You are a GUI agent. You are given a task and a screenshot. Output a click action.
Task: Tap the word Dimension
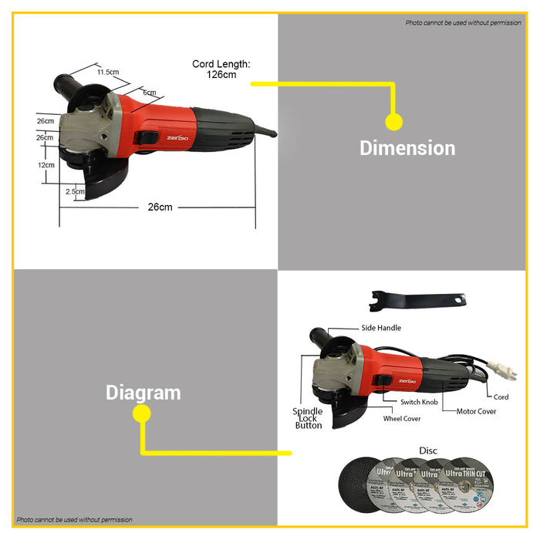[407, 147]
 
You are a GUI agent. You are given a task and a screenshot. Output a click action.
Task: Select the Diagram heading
[143, 392]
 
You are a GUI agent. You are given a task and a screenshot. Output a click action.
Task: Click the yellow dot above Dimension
[393, 122]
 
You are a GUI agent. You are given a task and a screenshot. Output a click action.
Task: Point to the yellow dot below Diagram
[141, 413]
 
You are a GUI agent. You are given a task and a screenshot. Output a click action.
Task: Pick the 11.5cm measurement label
[108, 72]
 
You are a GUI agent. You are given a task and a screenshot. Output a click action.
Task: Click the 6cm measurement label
[149, 93]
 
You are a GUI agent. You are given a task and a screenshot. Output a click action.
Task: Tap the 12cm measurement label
[46, 165]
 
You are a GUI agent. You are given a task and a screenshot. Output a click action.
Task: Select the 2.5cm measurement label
[75, 191]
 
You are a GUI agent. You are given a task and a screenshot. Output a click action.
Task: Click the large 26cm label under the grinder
[160, 208]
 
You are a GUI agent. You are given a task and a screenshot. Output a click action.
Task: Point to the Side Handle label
[381, 328]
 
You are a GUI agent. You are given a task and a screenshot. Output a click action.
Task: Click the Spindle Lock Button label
[308, 418]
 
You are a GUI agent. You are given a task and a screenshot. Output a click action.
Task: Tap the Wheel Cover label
[402, 419]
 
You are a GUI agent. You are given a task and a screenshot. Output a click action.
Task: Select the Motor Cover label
[476, 411]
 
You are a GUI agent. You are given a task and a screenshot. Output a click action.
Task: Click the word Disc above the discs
[428, 450]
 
